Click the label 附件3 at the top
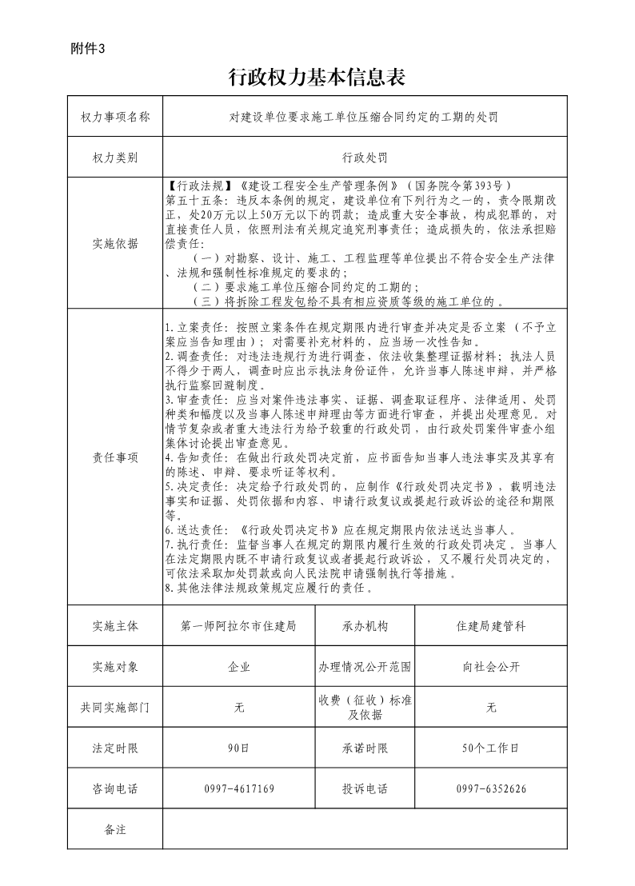(88, 48)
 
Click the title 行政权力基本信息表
(317, 78)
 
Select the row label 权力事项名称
(115, 118)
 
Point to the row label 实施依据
(115, 244)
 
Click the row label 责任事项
(115, 458)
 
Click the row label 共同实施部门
(115, 708)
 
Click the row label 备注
(115, 829)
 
